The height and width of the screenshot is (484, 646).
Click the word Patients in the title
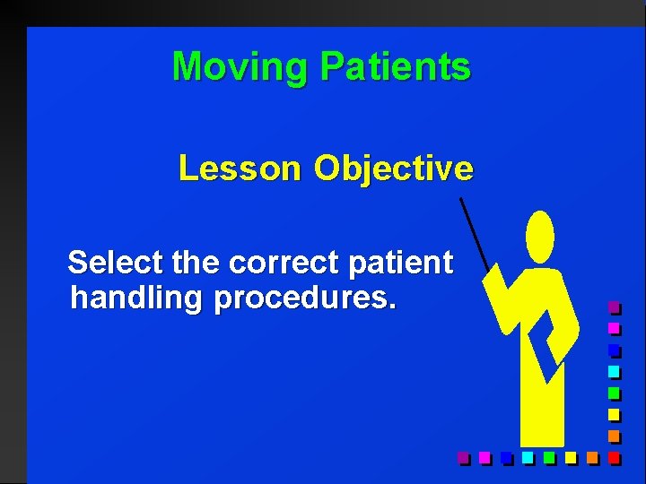coord(395,67)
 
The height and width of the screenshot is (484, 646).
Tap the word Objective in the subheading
coord(393,169)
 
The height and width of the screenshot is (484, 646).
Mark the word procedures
coord(304,298)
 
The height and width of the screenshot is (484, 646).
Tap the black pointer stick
coord(474,233)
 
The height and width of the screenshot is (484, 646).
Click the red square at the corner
coord(614,458)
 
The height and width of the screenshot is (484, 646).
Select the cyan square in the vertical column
coord(614,371)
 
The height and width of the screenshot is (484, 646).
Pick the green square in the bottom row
coord(549,458)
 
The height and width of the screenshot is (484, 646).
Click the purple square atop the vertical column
coord(614,307)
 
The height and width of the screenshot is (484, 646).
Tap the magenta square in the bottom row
coord(484,458)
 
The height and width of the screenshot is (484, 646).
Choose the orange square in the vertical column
coord(614,436)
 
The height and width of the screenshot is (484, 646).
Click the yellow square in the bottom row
coord(571,458)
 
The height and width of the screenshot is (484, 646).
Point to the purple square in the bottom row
coord(463,458)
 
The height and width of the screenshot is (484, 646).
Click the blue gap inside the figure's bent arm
coord(540,341)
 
